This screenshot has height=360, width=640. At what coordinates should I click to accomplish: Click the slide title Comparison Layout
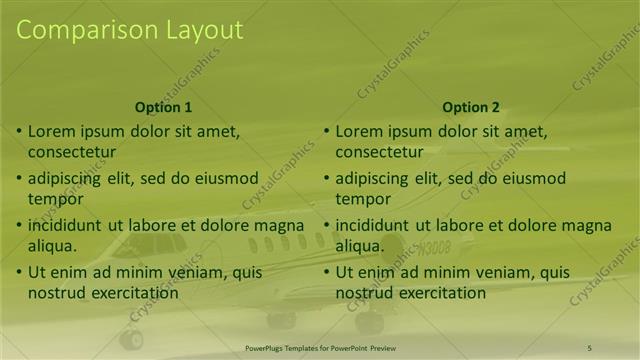[x=129, y=30]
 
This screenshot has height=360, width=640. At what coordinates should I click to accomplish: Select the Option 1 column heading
[x=163, y=107]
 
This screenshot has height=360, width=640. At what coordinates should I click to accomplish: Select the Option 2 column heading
[x=470, y=107]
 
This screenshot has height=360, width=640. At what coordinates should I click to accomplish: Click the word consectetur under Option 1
[x=72, y=152]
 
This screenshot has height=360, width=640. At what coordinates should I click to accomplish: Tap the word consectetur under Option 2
[x=379, y=152]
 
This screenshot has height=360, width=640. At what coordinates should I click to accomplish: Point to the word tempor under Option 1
[x=55, y=198]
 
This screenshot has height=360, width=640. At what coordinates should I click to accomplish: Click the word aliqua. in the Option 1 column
[x=53, y=244]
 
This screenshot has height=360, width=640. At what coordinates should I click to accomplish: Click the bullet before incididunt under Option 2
[x=327, y=225]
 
